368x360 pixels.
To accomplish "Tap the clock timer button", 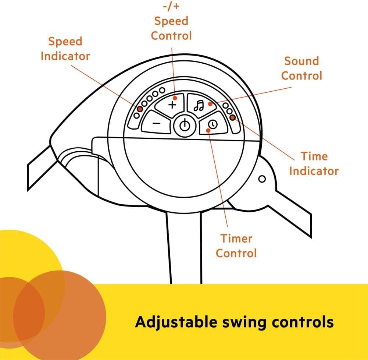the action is click(x=213, y=124).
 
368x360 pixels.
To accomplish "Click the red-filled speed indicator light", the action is click(x=140, y=109).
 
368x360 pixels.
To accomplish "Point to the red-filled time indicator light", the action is click(x=233, y=117).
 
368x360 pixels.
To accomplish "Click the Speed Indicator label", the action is click(x=65, y=49).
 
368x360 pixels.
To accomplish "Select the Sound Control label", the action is click(x=301, y=68).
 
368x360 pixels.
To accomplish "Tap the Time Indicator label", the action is click(x=314, y=163).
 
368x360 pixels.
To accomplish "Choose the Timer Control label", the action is click(x=236, y=246).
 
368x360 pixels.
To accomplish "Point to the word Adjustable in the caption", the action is click(x=176, y=322).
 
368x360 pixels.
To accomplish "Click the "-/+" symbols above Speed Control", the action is click(x=171, y=6).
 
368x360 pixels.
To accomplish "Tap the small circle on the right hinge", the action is click(x=262, y=179).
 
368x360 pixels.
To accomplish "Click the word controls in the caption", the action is click(x=303, y=322).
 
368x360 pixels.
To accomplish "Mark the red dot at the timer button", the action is click(x=208, y=130).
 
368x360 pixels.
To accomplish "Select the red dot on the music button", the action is click(x=210, y=104).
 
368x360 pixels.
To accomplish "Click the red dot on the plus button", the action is click(x=175, y=98).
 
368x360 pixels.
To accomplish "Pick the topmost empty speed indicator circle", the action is click(x=162, y=90).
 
